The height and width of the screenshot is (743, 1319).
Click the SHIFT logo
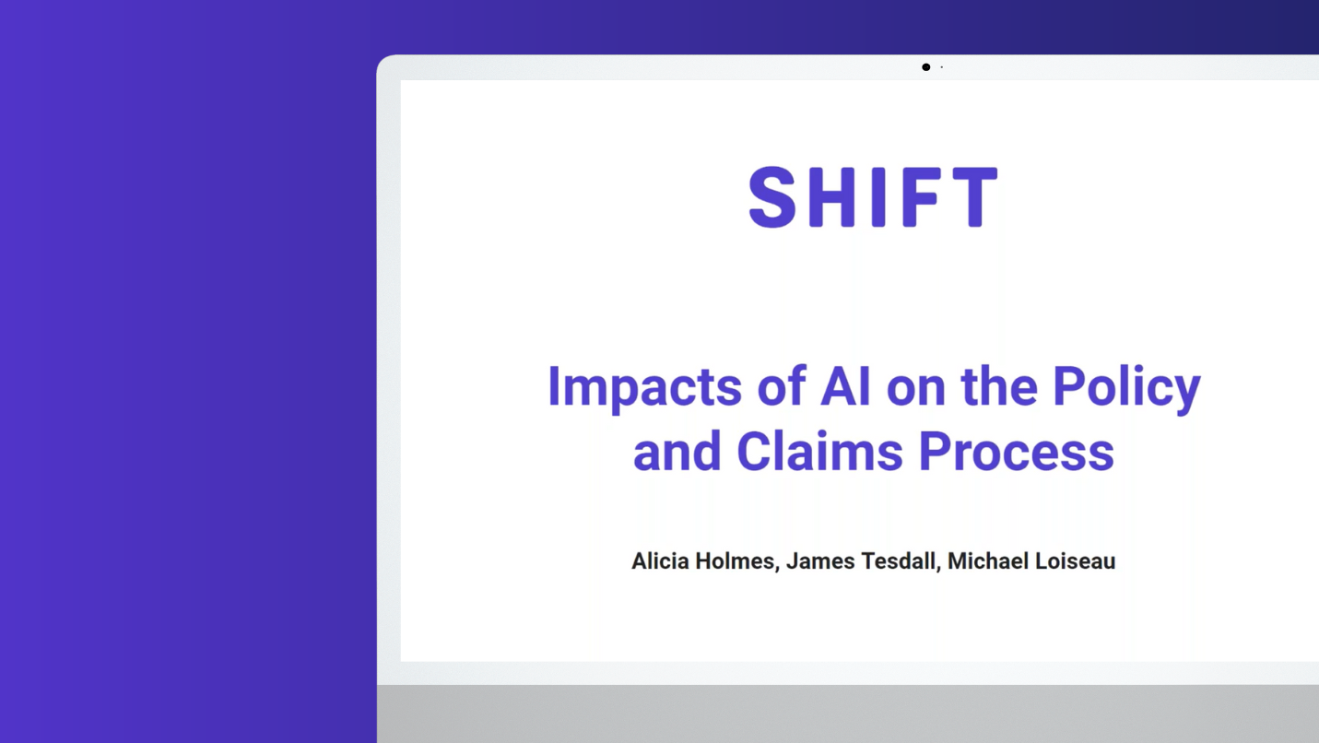pyautogui.click(x=873, y=196)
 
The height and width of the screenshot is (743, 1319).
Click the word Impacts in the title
pyautogui.click(x=644, y=388)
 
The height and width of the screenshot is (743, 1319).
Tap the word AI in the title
pyautogui.click(x=845, y=386)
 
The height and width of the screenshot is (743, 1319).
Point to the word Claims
pyautogui.click(x=819, y=451)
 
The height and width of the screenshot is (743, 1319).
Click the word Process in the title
pyautogui.click(x=1017, y=452)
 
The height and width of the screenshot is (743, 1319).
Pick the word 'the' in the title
pyautogui.click(x=998, y=386)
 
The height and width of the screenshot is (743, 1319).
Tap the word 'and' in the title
pyautogui.click(x=677, y=451)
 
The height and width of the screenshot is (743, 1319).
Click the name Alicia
pyautogui.click(x=660, y=560)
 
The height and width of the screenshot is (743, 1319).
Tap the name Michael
pyautogui.click(x=988, y=560)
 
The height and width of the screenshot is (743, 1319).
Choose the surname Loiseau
pyautogui.click(x=1076, y=561)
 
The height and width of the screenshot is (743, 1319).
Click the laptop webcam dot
pyautogui.click(x=925, y=67)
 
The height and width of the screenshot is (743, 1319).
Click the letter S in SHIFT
pyautogui.click(x=772, y=196)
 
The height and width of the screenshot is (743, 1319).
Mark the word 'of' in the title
pyautogui.click(x=782, y=386)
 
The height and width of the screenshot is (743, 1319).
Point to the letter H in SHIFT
pyautogui.click(x=831, y=196)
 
